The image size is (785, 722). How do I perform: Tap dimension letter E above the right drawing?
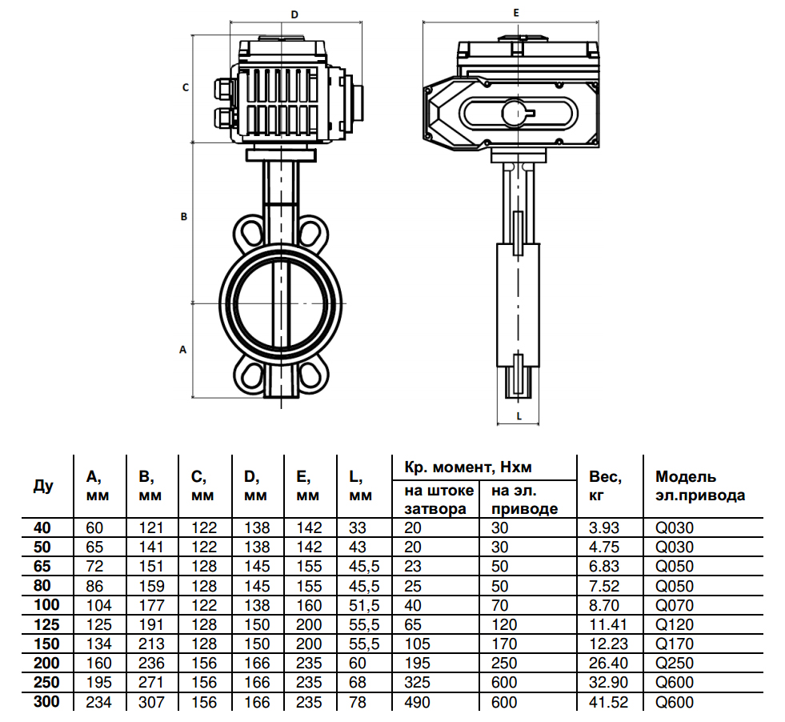coord(516,14)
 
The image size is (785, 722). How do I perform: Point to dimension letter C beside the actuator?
coord(185,87)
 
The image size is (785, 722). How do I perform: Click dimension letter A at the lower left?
coord(183,350)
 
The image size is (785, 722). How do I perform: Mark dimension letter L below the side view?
coord(519,415)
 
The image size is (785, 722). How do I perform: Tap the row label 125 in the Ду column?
coord(47,624)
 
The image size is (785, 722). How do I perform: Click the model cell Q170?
coord(672,644)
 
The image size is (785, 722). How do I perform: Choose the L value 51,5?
coord(363,605)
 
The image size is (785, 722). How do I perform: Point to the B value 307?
coord(151,702)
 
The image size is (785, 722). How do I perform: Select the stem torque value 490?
coord(418,702)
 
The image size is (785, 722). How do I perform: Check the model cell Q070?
coord(672,605)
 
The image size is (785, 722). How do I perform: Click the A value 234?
coord(98,702)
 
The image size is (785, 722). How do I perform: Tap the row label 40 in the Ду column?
coord(43,528)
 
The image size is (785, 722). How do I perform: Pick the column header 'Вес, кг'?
coord(606,486)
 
